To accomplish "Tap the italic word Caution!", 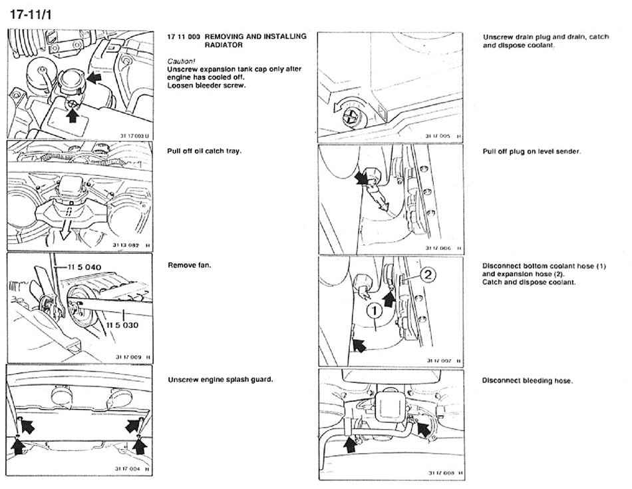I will click(x=182, y=61).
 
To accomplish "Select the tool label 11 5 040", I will click(x=88, y=266).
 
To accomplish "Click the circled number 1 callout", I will click(x=375, y=310).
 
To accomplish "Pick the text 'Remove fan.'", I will click(x=190, y=265).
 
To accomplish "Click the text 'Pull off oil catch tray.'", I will click(x=204, y=151).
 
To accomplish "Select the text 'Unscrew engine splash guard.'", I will click(x=220, y=379).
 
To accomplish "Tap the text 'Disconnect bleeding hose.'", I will click(x=528, y=380).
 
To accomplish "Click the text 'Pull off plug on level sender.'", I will click(x=532, y=151).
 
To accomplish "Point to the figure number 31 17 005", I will click(x=436, y=136).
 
